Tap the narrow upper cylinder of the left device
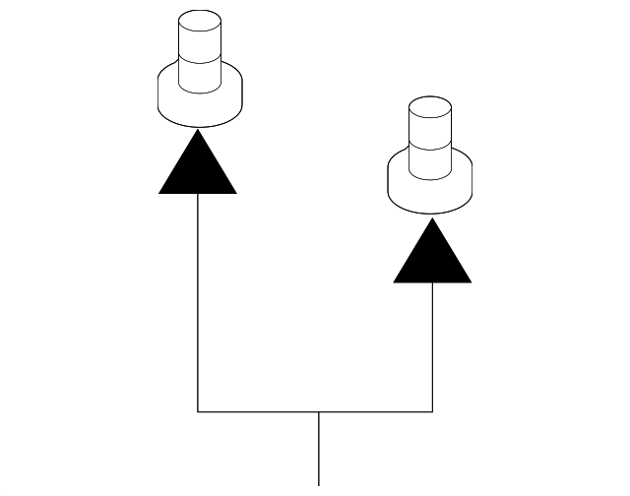[x=198, y=44]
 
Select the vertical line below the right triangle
[x=433, y=344]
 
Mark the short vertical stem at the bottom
[x=319, y=448]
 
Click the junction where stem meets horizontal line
[x=319, y=410]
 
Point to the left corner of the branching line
[x=198, y=410]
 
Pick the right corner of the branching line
[x=433, y=410]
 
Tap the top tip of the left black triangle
[x=198, y=130]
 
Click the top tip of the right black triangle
[x=432, y=218]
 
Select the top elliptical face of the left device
[x=198, y=20]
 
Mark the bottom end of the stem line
[x=319, y=484]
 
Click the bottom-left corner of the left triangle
[x=160, y=193]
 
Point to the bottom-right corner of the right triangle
[x=470, y=281]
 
